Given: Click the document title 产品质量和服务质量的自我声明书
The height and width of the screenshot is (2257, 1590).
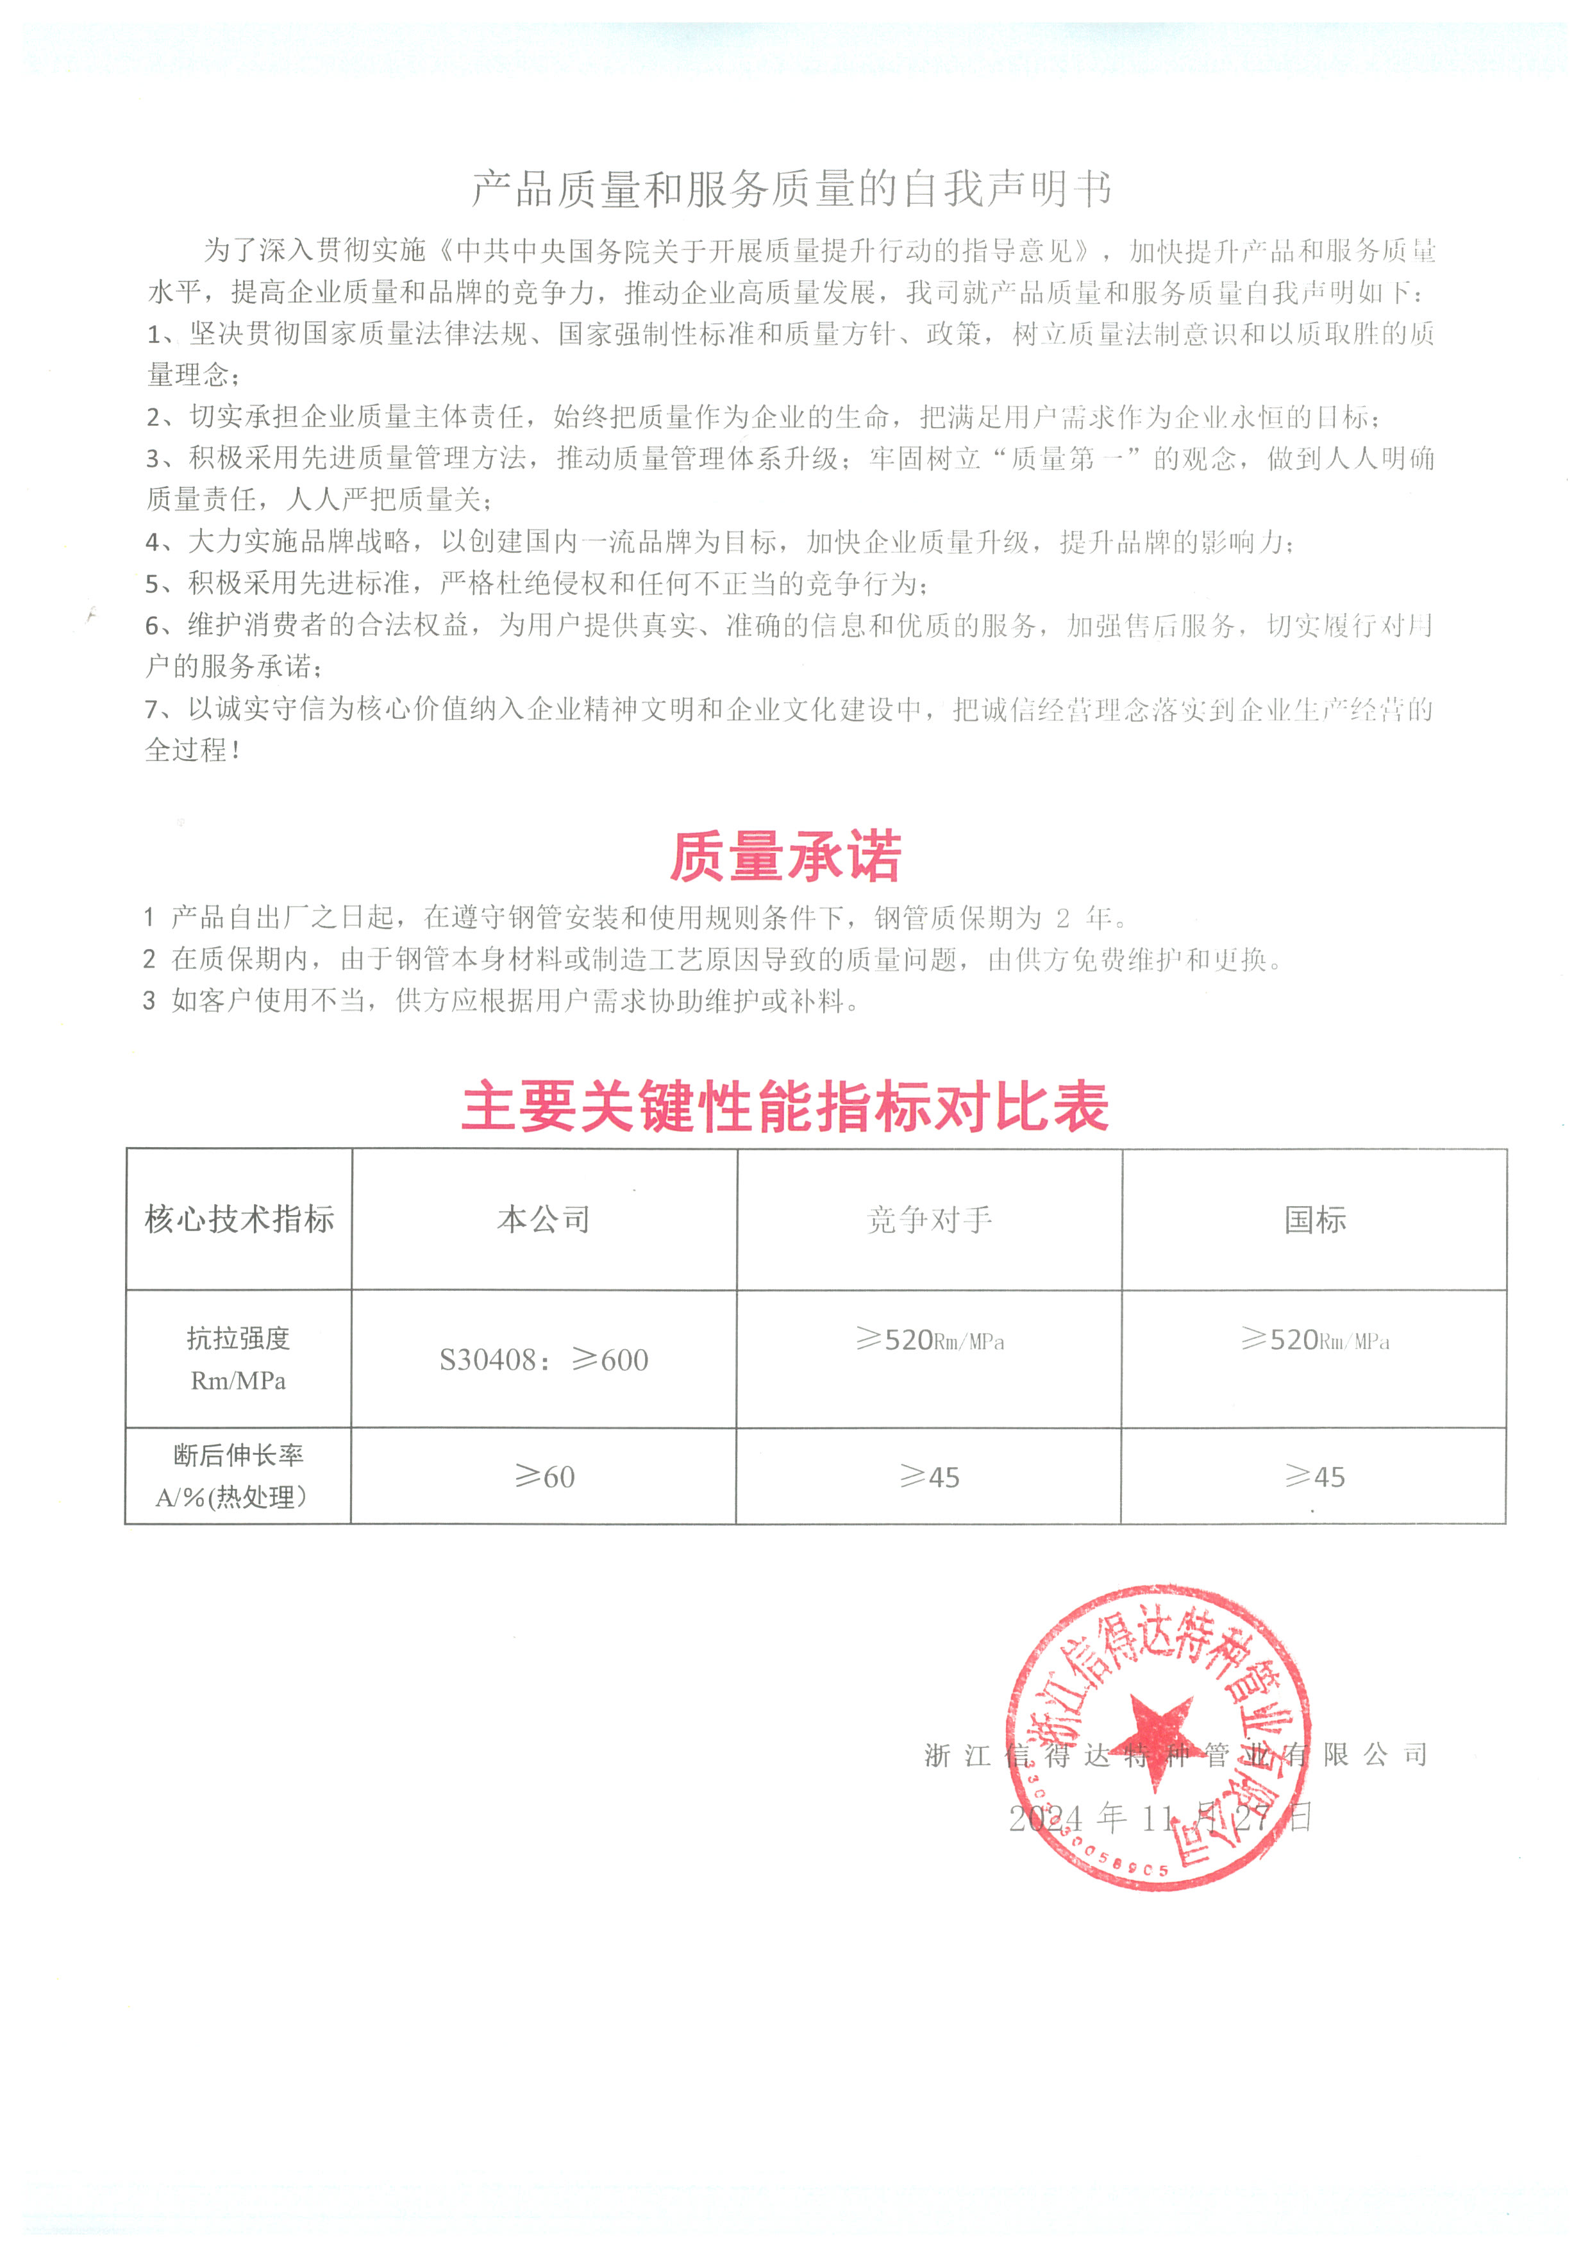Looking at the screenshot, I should pyautogui.click(x=792, y=189).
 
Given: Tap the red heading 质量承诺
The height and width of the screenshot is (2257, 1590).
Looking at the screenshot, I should pyautogui.click(x=785, y=856).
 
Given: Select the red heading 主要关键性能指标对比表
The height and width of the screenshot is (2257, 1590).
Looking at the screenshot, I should pyautogui.click(x=785, y=1106).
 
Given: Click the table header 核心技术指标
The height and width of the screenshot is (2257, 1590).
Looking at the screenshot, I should pyautogui.click(x=238, y=1219).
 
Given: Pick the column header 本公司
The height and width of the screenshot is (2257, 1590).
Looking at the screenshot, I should pyautogui.click(x=544, y=1219).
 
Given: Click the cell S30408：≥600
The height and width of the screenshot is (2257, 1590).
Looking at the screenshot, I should pyautogui.click(x=544, y=1359).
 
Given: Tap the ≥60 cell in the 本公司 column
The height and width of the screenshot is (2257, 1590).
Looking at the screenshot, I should pyautogui.click(x=544, y=1477).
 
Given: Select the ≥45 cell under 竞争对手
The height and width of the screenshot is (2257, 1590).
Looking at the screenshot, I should pyautogui.click(x=930, y=1477).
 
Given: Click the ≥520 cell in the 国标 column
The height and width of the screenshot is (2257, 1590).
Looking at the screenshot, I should pyautogui.click(x=1315, y=1340).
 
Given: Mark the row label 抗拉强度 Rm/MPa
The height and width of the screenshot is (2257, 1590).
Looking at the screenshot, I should pyautogui.click(x=238, y=1359).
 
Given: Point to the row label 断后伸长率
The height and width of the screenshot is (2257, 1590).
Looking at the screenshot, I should pyautogui.click(x=238, y=1455).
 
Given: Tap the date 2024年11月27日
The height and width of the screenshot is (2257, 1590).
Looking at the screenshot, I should pyautogui.click(x=1160, y=1818).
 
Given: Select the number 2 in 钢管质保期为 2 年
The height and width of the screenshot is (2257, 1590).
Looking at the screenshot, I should pyautogui.click(x=1063, y=918).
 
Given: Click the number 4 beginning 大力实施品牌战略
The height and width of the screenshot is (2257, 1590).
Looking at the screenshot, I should pyautogui.click(x=153, y=542).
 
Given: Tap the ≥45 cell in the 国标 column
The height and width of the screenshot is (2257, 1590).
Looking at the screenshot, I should pyautogui.click(x=1315, y=1477).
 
